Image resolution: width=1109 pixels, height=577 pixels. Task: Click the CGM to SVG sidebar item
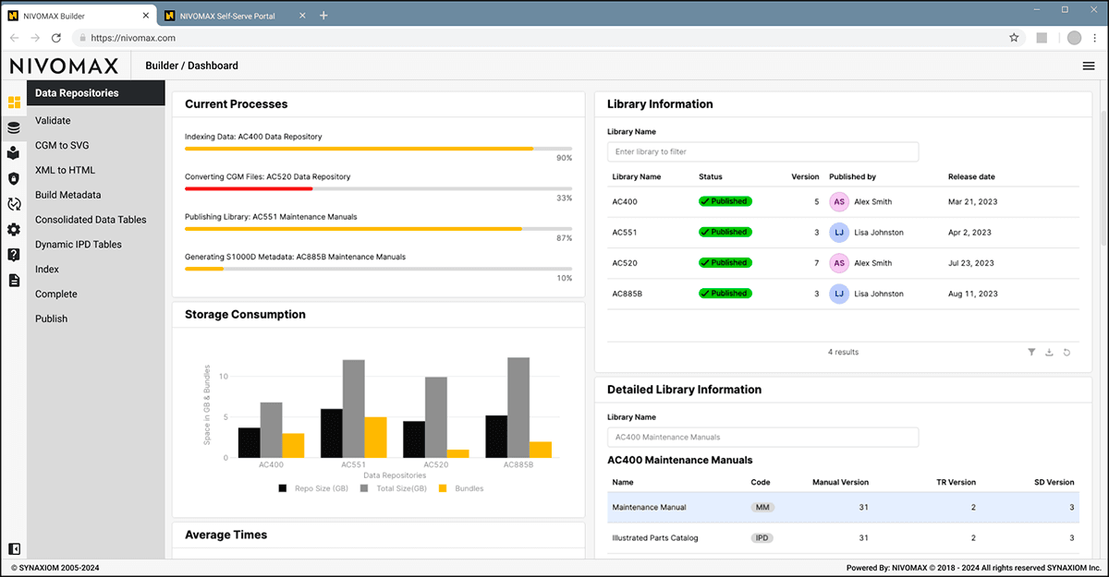click(x=62, y=145)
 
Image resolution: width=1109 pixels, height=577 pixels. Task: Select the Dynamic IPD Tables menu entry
click(x=79, y=245)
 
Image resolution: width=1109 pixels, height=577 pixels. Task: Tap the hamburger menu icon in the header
click(x=1089, y=66)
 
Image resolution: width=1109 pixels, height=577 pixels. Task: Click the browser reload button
click(x=56, y=38)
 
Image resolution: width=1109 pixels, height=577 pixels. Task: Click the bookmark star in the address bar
click(x=1014, y=38)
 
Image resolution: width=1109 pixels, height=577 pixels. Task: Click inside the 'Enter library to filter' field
click(x=762, y=151)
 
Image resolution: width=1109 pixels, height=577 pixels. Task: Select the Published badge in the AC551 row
click(x=725, y=232)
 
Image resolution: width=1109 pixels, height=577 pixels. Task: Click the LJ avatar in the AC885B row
click(x=838, y=294)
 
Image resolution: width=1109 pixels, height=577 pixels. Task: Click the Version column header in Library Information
click(x=805, y=176)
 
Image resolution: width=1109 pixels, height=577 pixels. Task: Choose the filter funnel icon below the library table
click(x=1031, y=352)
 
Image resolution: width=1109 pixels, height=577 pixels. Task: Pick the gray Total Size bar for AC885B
click(x=518, y=407)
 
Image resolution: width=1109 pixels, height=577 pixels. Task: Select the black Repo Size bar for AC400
click(x=250, y=442)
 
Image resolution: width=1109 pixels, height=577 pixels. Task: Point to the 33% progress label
click(x=564, y=198)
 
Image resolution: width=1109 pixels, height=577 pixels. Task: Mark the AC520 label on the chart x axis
click(x=435, y=464)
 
